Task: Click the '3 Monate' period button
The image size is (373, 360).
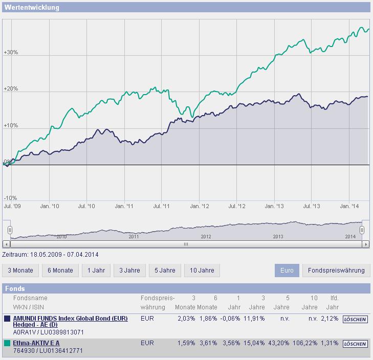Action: [x=20, y=271]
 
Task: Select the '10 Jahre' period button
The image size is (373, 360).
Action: [x=202, y=271]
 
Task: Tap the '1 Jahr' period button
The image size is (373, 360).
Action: [x=96, y=271]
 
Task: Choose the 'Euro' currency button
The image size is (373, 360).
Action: [x=287, y=271]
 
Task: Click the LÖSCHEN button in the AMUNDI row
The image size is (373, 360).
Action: [x=355, y=319]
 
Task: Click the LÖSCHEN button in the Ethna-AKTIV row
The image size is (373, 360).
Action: [x=355, y=344]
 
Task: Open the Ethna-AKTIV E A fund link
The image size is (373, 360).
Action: [x=36, y=343]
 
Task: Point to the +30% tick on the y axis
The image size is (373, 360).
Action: [x=11, y=53]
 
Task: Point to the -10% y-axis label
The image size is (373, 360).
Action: [x=11, y=198]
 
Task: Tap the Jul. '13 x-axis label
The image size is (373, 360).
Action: [x=313, y=206]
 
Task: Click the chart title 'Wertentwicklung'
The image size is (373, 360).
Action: [x=32, y=8]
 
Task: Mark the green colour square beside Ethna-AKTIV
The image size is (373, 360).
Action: [x=7, y=343]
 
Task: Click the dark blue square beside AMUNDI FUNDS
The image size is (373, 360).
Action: [x=7, y=319]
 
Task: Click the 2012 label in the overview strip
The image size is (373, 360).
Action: [x=206, y=237]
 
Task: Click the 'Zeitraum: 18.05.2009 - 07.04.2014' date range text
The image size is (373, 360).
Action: [x=50, y=254]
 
